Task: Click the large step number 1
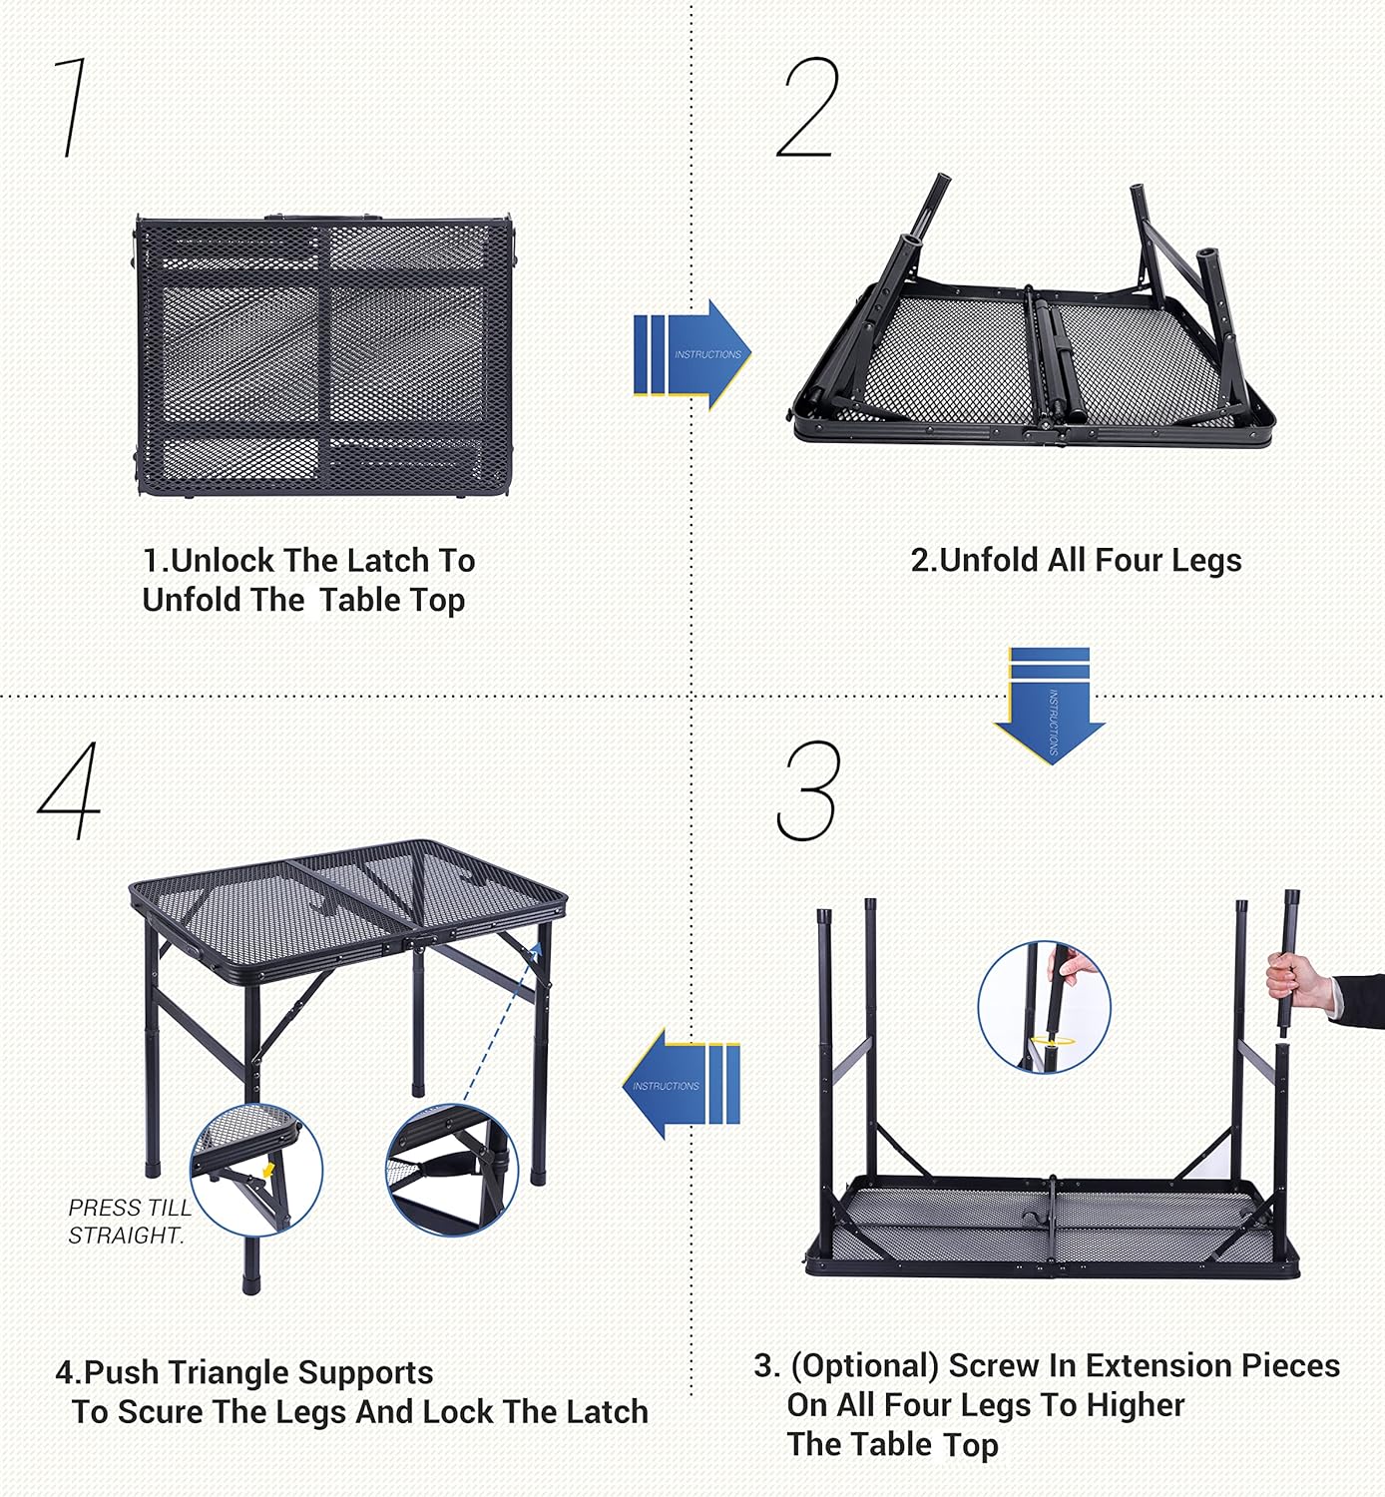pyautogui.click(x=70, y=108)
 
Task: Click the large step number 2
pyautogui.click(x=807, y=108)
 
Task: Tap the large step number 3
pyautogui.click(x=808, y=790)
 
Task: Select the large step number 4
pyautogui.click(x=70, y=790)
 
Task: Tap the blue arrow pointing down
pyautogui.click(x=1050, y=706)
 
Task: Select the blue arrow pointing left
pyautogui.click(x=682, y=1085)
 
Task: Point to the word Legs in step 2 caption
pyautogui.click(x=1206, y=561)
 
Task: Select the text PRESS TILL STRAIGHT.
pyautogui.click(x=128, y=1222)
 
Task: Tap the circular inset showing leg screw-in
pyautogui.click(x=1044, y=1007)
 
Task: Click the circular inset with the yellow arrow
pyautogui.click(x=256, y=1170)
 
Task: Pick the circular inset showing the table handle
pyautogui.click(x=451, y=1170)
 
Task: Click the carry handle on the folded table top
pyautogui.click(x=323, y=218)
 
